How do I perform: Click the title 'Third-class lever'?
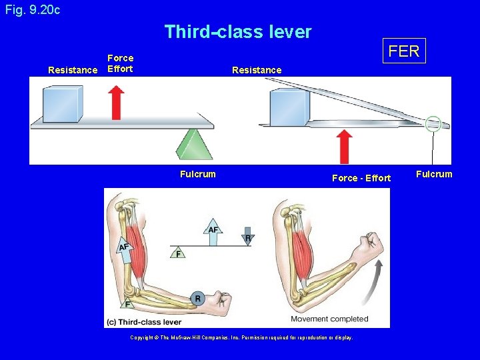[238, 31]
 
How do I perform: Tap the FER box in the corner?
[404, 51]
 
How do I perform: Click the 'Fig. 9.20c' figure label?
[32, 10]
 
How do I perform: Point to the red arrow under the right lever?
[344, 146]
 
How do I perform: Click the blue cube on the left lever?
[63, 103]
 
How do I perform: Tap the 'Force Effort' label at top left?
[120, 64]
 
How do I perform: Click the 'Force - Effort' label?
[361, 178]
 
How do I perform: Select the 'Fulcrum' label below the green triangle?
[198, 175]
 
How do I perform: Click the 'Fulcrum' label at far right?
[434, 175]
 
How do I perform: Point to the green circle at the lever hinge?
[433, 123]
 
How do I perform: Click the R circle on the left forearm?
[197, 299]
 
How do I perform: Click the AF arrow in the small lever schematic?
[213, 234]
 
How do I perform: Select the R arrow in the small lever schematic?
[247, 235]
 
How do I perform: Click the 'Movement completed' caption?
[339, 319]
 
